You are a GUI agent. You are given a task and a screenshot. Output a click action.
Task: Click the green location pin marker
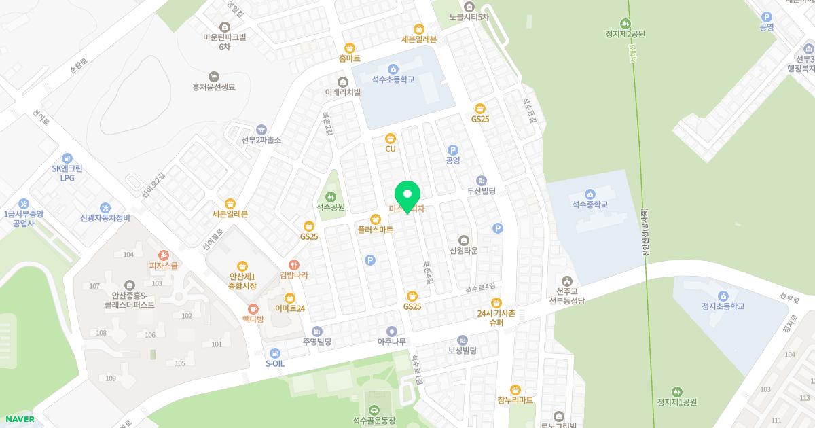pos(407,196)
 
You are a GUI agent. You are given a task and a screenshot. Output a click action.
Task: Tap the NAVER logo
pos(18,419)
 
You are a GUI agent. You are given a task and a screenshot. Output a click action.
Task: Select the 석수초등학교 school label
pos(393,79)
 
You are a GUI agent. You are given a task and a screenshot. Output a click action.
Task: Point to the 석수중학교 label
pos(589,204)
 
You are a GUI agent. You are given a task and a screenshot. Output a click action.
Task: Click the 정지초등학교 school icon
pos(723,296)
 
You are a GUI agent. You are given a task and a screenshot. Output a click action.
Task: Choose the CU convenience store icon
pos(391,138)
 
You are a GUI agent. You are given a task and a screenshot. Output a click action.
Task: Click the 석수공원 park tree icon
pos(331,196)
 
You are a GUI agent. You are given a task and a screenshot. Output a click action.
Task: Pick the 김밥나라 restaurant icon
pos(294,264)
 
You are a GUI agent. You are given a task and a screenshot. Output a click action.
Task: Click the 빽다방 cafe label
pos(253,319)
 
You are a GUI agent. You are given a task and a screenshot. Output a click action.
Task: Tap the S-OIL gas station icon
pos(274,353)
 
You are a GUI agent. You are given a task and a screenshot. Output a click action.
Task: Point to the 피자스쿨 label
pos(163,266)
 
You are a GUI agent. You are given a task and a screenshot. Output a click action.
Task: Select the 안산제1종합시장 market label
pos(242,281)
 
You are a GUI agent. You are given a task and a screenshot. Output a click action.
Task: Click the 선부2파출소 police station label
pos(261,140)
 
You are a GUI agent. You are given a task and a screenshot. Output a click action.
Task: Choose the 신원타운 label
pos(464,251)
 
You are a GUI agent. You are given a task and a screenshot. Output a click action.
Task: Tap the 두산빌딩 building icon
pos(482,181)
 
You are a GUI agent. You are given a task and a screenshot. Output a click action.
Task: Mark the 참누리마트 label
pos(515,400)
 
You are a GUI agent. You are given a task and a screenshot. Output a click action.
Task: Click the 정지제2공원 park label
pos(625,34)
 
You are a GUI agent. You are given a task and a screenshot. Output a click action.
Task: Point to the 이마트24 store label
pos(290,308)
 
